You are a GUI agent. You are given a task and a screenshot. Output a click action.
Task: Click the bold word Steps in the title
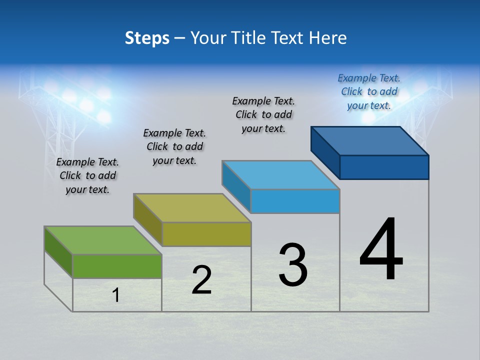click(147, 38)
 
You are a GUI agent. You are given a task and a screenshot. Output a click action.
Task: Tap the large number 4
click(381, 250)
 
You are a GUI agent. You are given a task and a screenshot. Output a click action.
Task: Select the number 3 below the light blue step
click(293, 265)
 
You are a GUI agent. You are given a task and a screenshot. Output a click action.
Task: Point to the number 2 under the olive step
click(202, 280)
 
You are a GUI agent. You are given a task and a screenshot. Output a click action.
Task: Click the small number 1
click(116, 295)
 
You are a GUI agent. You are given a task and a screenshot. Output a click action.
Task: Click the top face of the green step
click(103, 240)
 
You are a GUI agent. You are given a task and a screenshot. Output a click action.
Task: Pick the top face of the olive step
click(192, 207)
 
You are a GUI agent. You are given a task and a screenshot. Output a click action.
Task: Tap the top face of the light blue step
click(281, 175)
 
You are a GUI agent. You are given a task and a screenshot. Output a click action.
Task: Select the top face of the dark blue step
click(370, 140)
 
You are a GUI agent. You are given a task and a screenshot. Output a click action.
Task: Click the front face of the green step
click(117, 266)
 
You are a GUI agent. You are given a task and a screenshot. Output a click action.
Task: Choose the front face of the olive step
click(206, 234)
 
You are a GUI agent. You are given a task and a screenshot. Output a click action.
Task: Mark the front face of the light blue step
click(295, 201)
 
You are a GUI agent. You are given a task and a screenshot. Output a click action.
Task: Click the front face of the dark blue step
click(384, 167)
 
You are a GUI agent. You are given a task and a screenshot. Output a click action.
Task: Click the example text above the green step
click(87, 175)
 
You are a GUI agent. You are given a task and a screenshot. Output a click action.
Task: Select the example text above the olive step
click(174, 146)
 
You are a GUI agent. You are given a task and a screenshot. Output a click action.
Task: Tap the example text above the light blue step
click(263, 114)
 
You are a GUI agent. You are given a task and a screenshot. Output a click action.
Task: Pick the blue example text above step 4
click(369, 91)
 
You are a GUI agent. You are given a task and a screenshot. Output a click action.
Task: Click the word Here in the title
click(328, 38)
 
